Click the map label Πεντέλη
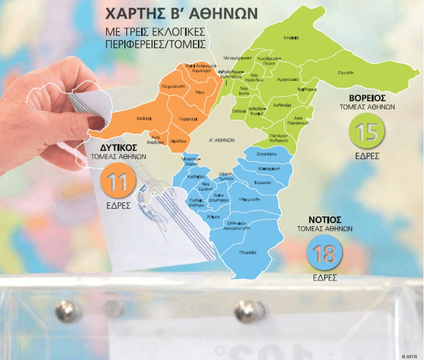coord(345,73)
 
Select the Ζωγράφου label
coord(266,154)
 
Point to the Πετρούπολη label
coord(172,87)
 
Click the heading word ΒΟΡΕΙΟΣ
coord(367,98)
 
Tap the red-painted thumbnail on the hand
coord(96,123)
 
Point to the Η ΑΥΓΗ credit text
coord(410,354)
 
